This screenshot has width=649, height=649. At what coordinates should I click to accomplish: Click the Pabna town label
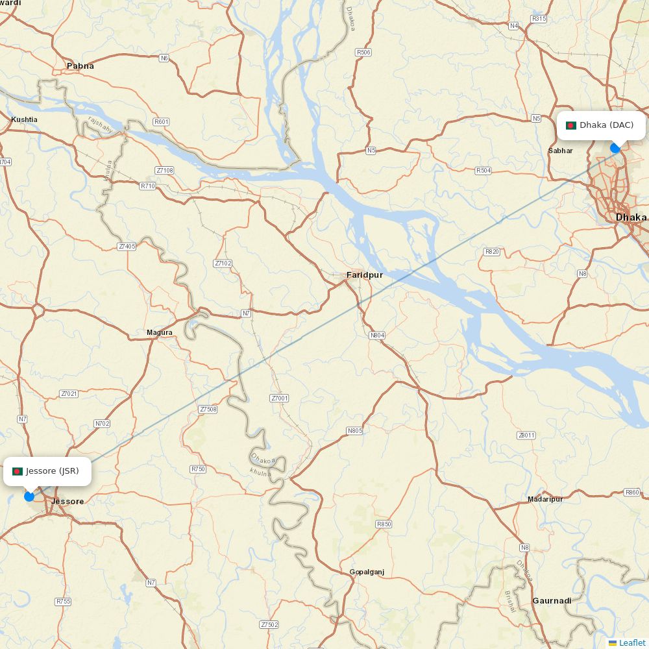coord(80,66)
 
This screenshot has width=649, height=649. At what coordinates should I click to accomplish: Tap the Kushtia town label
coord(24,119)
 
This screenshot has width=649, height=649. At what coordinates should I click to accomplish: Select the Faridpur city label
coord(364,275)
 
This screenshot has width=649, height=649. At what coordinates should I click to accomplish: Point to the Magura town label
coord(160,333)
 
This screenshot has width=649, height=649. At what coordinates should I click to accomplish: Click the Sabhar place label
coord(561,151)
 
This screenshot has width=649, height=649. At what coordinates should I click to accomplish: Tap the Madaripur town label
coord(545,499)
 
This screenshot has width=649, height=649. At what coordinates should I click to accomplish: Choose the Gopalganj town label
coord(367,572)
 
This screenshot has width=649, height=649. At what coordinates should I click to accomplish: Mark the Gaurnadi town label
coord(552,601)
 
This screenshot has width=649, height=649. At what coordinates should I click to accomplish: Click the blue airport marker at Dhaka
coord(615,148)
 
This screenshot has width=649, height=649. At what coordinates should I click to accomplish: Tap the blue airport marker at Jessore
coord(29,496)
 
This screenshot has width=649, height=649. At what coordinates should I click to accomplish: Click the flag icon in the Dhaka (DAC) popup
coord(571,125)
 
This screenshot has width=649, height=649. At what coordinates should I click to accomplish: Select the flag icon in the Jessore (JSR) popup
coord(18,471)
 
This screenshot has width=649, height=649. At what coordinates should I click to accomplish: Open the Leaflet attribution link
coord(631,643)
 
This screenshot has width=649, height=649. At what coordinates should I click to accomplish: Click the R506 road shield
coord(363,52)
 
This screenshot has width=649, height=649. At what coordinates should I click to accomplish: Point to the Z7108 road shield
coord(165,171)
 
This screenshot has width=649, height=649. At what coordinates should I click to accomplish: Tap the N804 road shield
coord(377,336)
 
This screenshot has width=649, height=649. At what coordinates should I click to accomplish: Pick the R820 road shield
coord(492,252)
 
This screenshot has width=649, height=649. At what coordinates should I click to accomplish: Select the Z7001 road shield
coord(279,398)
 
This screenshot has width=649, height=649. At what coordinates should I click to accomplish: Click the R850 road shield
coord(384,524)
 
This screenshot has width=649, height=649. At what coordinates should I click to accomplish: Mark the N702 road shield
coord(103,424)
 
